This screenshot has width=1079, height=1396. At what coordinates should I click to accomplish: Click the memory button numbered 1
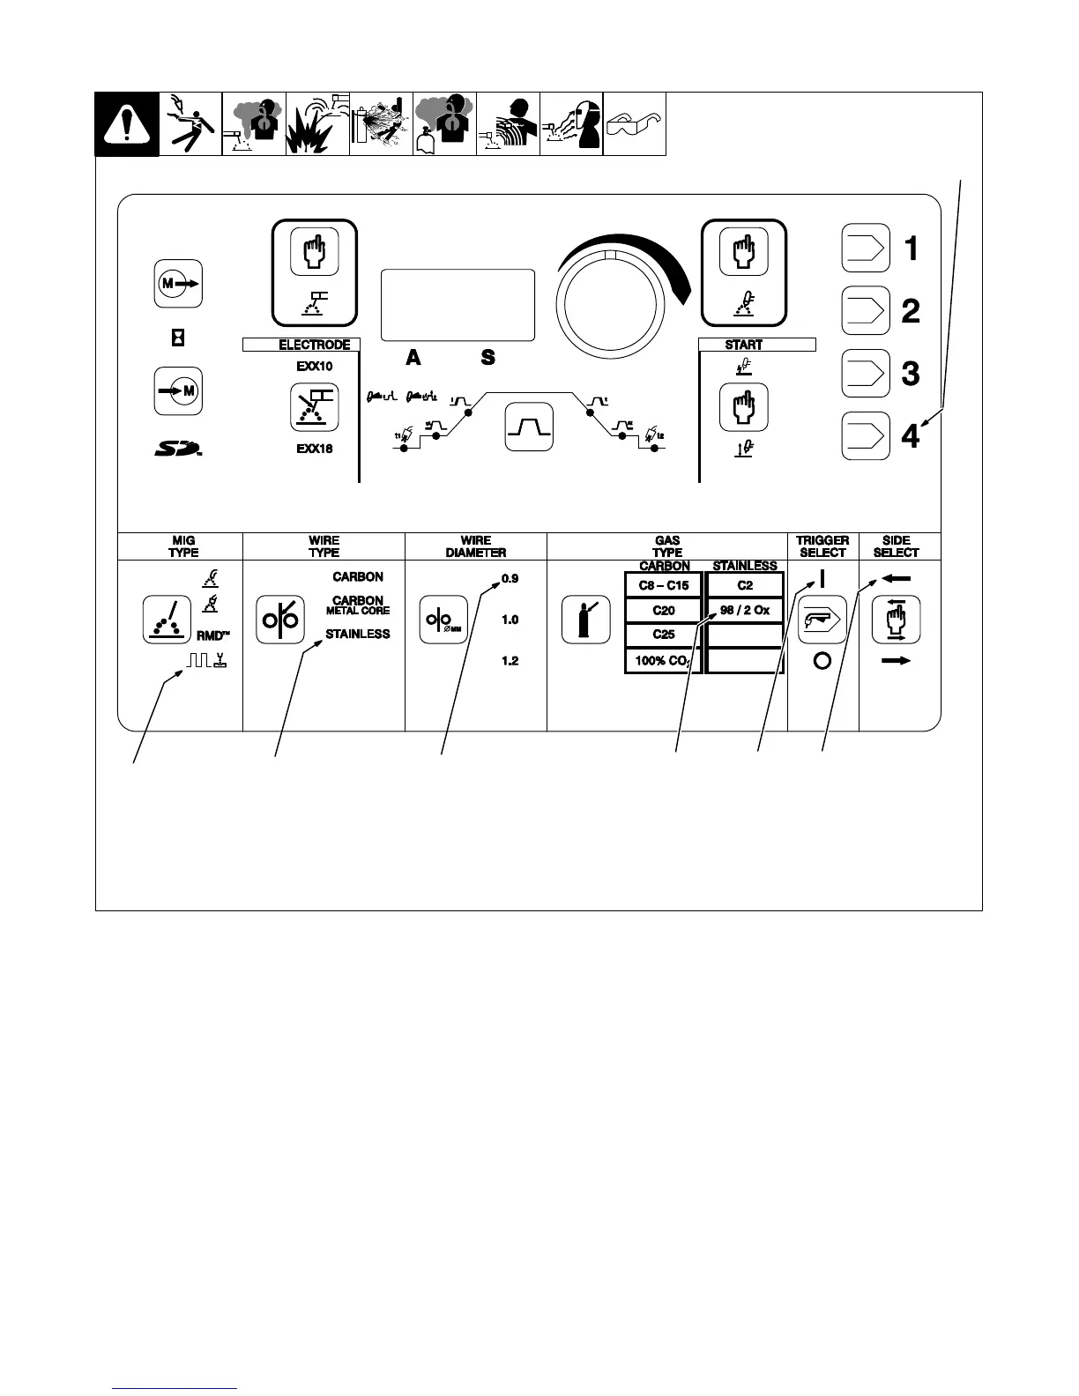coord(865,249)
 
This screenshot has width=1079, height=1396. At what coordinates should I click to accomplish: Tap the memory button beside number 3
coord(865,374)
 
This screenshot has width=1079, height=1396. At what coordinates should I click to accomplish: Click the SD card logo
coord(177,449)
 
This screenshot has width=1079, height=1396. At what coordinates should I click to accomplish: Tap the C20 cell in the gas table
coord(664,610)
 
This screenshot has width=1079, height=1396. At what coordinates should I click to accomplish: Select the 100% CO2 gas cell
coord(664,660)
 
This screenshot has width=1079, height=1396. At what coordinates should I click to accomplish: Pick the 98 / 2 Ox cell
coord(745,610)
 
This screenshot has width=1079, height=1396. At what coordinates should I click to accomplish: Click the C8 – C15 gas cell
coord(664,585)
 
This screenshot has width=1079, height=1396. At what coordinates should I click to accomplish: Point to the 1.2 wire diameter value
coord(510,661)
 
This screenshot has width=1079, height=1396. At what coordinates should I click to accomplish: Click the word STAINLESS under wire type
coord(357,634)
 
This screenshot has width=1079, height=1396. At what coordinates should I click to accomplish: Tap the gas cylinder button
coord(586,620)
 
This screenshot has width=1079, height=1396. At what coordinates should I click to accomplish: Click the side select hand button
coord(896,620)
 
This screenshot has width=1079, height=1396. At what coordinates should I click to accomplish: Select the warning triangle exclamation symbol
coord(127,125)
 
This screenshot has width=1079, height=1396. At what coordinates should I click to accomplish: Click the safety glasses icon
coord(634,124)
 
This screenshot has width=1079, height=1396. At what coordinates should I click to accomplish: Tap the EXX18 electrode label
coord(315,449)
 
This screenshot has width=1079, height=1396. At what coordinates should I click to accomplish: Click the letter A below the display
coord(413,358)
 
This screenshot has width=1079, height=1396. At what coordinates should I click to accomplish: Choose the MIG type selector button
coord(167,620)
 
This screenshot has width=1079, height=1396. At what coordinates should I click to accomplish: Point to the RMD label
coord(212,635)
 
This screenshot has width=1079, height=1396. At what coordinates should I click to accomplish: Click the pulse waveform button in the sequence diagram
coord(528,427)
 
